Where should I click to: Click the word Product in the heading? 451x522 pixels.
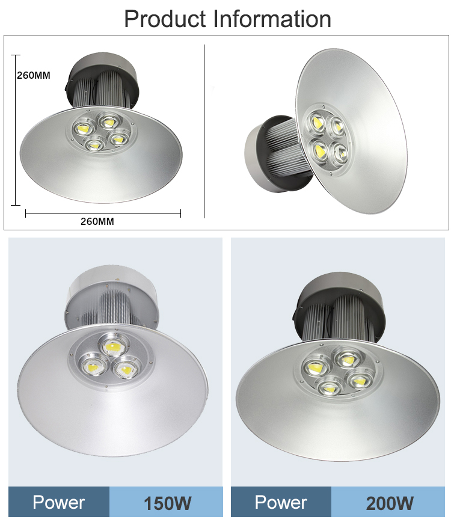coord(165,19)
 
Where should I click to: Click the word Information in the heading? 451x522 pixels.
coord(272,19)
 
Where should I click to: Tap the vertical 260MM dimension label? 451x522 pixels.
coord(34,76)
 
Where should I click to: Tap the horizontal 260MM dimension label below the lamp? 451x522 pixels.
coord(97,221)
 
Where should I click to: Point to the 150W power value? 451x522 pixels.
coord(167,503)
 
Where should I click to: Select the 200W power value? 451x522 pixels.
coord(390,503)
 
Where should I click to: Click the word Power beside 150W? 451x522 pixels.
coord(58,502)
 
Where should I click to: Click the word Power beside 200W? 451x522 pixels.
coord(281,502)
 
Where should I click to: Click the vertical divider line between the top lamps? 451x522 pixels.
coord(204,132)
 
